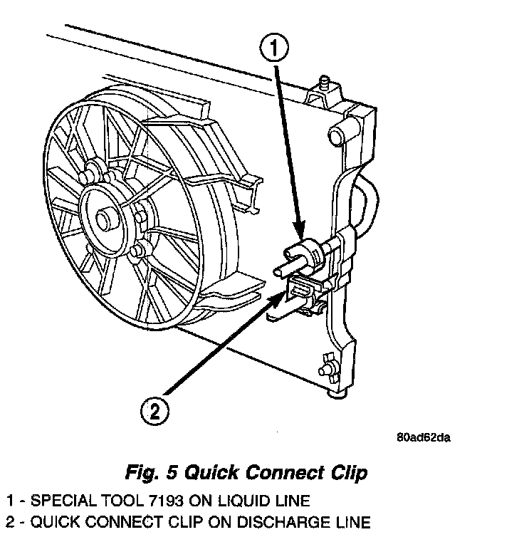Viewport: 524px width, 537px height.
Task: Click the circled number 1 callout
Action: coord(274,50)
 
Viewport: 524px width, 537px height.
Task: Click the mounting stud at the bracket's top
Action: coord(324,84)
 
